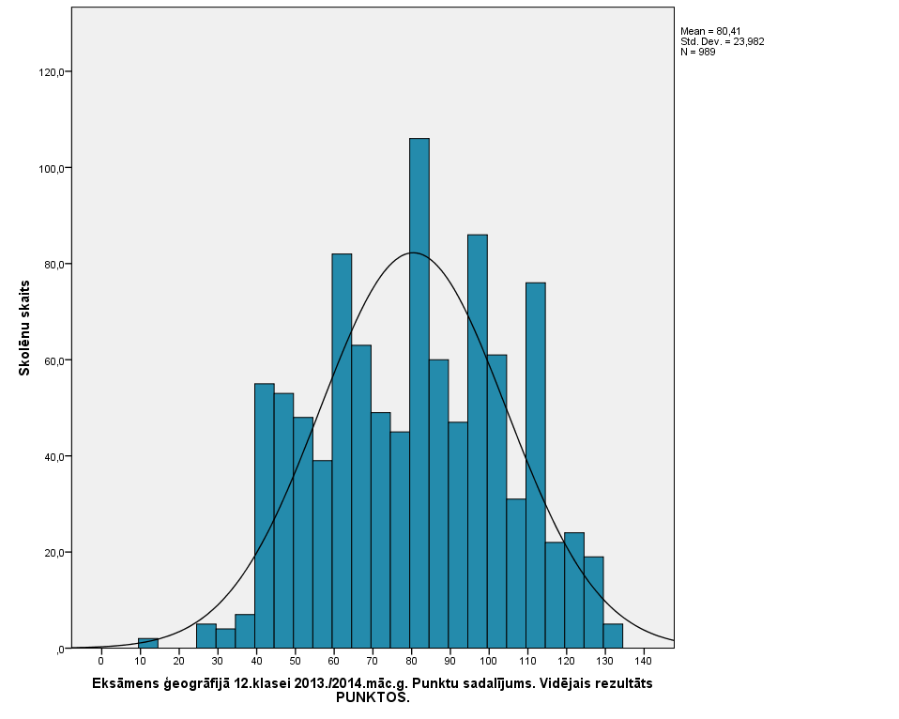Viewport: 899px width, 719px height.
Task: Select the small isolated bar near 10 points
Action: tap(148, 643)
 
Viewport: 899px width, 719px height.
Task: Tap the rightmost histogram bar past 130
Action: tap(613, 635)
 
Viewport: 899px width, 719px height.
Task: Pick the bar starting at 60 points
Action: tap(342, 451)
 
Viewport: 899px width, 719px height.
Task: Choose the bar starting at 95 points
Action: tap(477, 441)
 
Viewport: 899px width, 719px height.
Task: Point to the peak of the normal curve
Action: tap(413, 252)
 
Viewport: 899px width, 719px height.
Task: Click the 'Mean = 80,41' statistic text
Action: tap(710, 32)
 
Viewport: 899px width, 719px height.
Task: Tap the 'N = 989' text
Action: tap(697, 52)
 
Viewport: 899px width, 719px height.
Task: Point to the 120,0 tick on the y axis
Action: tap(50, 72)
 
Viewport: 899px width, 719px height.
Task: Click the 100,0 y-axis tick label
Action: tap(50, 169)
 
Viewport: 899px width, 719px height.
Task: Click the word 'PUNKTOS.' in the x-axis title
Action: tap(373, 697)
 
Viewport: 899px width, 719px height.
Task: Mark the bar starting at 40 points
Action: tap(264, 515)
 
